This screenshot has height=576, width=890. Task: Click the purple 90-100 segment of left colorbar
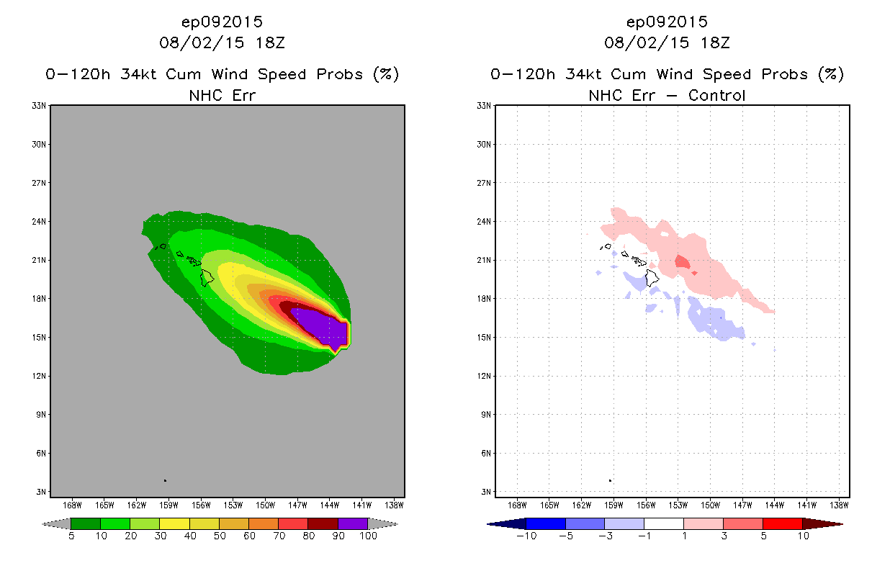click(x=353, y=523)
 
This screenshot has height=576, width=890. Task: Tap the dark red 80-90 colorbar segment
click(x=323, y=523)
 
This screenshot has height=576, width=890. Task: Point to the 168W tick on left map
click(x=71, y=505)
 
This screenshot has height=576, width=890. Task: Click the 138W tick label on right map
click(x=839, y=505)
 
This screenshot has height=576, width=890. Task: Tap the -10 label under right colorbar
click(x=526, y=536)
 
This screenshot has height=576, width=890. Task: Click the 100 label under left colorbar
click(x=368, y=536)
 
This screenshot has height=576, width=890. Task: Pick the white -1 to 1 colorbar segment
click(x=663, y=523)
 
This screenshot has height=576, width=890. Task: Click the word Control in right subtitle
click(x=717, y=95)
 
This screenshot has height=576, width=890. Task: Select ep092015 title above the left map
click(x=222, y=22)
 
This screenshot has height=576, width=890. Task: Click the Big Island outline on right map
click(x=652, y=278)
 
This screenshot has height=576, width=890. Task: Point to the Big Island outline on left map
click(x=208, y=278)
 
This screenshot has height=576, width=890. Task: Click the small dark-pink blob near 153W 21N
click(x=682, y=262)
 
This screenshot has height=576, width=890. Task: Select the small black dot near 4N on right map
click(x=610, y=480)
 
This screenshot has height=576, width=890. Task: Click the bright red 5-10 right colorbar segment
click(x=781, y=523)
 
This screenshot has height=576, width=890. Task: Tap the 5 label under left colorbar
click(x=71, y=536)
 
